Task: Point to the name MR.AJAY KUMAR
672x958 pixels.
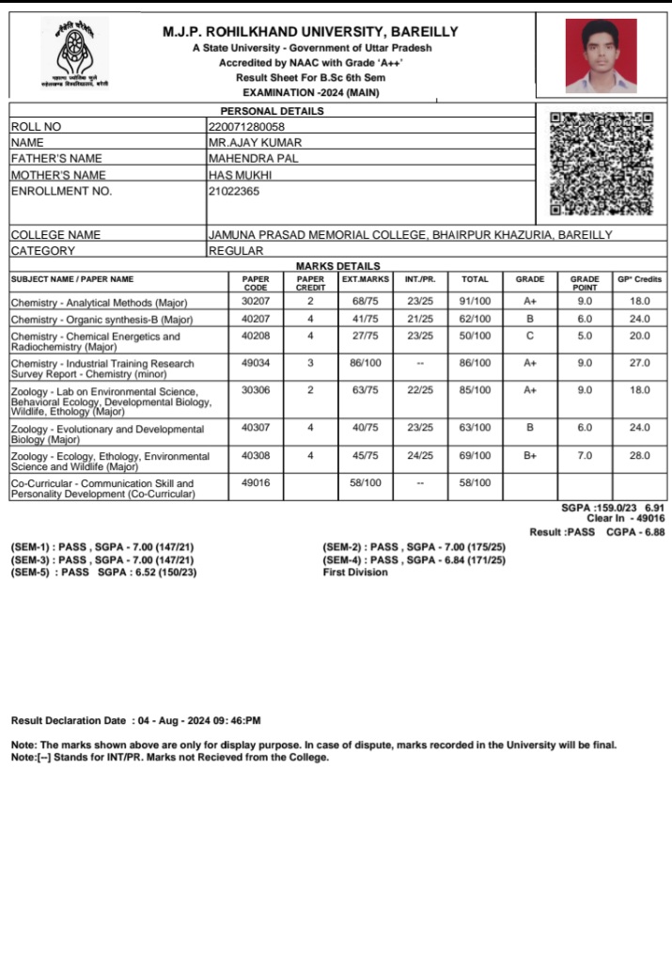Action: click(x=255, y=142)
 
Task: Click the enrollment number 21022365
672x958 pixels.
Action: click(x=234, y=191)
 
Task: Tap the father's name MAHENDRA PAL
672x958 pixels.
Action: click(x=252, y=158)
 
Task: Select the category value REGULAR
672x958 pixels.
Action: click(x=236, y=251)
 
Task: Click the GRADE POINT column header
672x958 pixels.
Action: click(x=585, y=283)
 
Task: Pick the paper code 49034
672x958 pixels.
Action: click(x=256, y=362)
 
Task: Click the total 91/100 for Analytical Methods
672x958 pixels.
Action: click(x=475, y=302)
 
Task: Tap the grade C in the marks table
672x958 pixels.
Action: click(x=529, y=336)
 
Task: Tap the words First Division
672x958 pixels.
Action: click(x=354, y=572)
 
